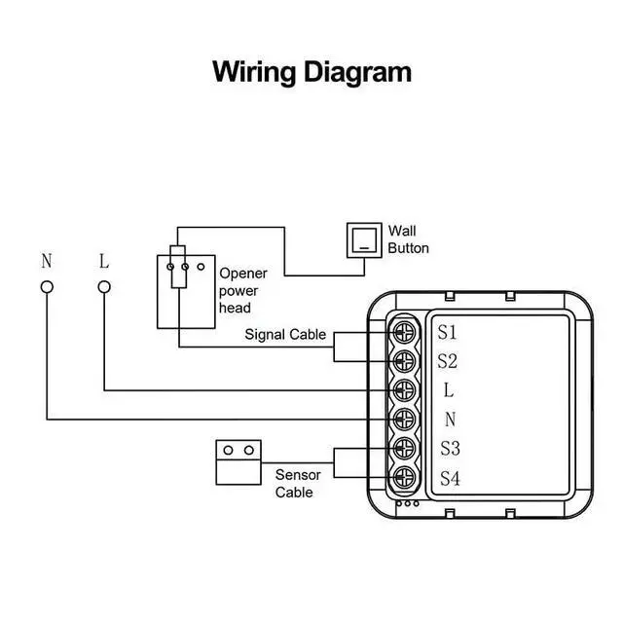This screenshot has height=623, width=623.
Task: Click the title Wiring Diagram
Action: (311, 72)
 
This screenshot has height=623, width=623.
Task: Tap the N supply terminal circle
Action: (47, 287)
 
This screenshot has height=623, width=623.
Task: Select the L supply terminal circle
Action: (104, 287)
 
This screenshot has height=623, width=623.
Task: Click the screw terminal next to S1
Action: (404, 332)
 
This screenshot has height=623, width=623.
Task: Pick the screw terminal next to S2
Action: (404, 361)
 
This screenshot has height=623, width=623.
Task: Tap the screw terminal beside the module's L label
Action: (404, 390)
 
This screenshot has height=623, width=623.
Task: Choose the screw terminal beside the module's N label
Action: (404, 420)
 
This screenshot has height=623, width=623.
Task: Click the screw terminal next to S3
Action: (404, 448)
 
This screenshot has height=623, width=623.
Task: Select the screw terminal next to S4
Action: (404, 477)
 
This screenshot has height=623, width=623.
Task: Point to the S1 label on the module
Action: (447, 332)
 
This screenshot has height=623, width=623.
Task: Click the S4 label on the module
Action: (450, 478)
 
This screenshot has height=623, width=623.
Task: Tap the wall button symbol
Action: (364, 240)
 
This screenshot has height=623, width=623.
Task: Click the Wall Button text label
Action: (408, 239)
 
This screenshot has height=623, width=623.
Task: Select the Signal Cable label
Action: (285, 335)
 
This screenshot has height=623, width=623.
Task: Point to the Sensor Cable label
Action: (298, 484)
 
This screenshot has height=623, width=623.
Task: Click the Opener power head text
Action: (242, 290)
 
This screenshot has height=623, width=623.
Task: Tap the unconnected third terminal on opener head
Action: (201, 267)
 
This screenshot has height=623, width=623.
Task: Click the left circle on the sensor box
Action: (228, 450)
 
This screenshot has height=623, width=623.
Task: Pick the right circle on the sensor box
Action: (249, 450)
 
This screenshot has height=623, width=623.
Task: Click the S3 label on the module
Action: (450, 449)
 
